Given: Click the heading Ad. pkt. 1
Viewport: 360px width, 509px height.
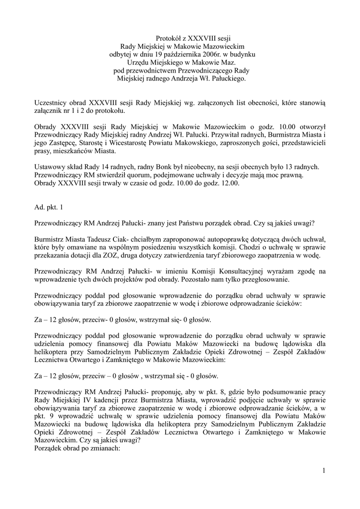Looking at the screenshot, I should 49,206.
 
